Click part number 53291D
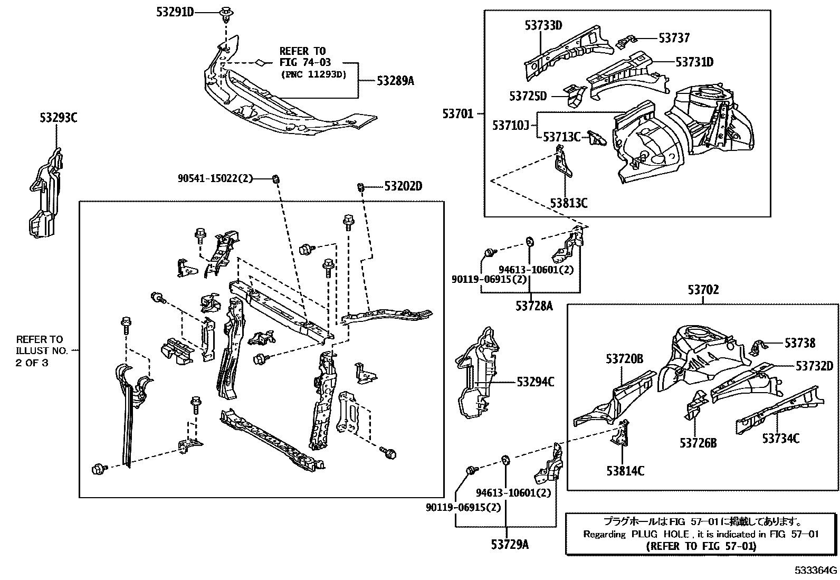[x=175, y=11]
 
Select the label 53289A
[x=395, y=81]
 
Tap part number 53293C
[x=58, y=118]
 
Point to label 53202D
[x=403, y=186]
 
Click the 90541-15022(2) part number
[x=215, y=179]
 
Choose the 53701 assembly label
[x=458, y=113]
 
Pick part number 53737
[x=674, y=38]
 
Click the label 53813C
[x=569, y=203]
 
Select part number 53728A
[x=534, y=306]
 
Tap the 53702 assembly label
[x=703, y=290]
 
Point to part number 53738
[x=799, y=343]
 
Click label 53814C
[x=625, y=471]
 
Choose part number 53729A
[x=507, y=544]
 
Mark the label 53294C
[x=535, y=382]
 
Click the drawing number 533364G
[x=816, y=571]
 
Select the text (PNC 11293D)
[x=313, y=74]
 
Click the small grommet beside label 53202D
[x=361, y=187]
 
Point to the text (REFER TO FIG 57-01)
[x=701, y=546]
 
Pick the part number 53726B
[x=698, y=443]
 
